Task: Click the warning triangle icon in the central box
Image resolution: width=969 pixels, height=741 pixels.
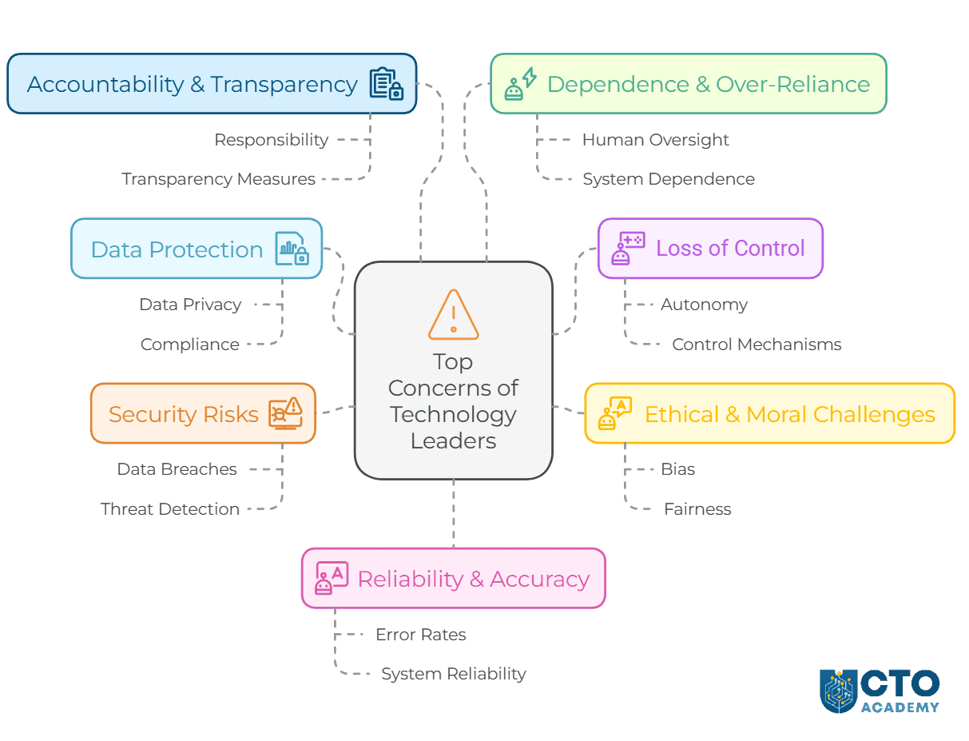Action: (453, 315)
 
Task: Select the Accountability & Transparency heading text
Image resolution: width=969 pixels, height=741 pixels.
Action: (192, 84)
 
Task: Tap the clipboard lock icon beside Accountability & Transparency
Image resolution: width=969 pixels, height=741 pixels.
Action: (386, 84)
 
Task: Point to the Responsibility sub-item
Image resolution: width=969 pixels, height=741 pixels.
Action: (271, 140)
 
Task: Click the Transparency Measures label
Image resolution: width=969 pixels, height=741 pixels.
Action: (218, 179)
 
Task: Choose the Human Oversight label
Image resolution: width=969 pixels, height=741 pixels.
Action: (655, 140)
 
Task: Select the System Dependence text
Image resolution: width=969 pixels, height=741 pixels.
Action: (668, 179)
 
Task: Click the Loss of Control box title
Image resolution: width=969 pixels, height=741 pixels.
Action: (730, 249)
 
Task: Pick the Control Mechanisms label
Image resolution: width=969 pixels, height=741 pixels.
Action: (757, 345)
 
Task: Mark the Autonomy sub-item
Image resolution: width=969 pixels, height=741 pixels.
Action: (704, 305)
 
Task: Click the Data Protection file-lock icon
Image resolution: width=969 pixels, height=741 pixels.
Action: (292, 249)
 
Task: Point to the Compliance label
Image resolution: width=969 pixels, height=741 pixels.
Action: (190, 345)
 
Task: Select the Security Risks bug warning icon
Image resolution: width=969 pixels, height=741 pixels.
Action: (285, 413)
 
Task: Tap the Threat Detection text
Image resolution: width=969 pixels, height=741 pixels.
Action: (170, 509)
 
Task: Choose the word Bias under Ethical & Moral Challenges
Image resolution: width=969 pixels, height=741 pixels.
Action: (677, 469)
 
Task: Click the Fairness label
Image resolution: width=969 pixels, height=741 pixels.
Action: (697, 509)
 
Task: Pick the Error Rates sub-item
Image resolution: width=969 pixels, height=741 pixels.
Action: (420, 635)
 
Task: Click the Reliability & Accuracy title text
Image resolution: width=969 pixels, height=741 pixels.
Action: (474, 579)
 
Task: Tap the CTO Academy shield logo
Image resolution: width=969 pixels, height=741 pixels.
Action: (838, 691)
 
